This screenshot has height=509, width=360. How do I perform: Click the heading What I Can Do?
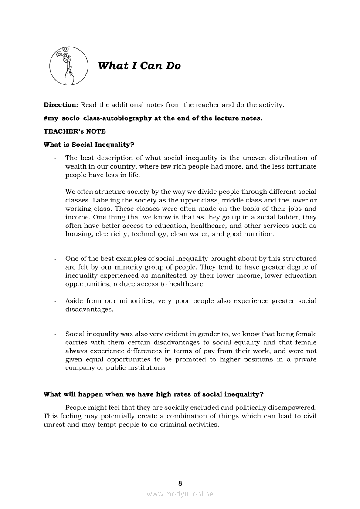(x=139, y=66)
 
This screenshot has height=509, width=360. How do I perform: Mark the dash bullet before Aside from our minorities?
(x=55, y=301)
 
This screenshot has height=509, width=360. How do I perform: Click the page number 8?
(x=180, y=483)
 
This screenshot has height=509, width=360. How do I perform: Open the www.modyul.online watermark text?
(x=180, y=494)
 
